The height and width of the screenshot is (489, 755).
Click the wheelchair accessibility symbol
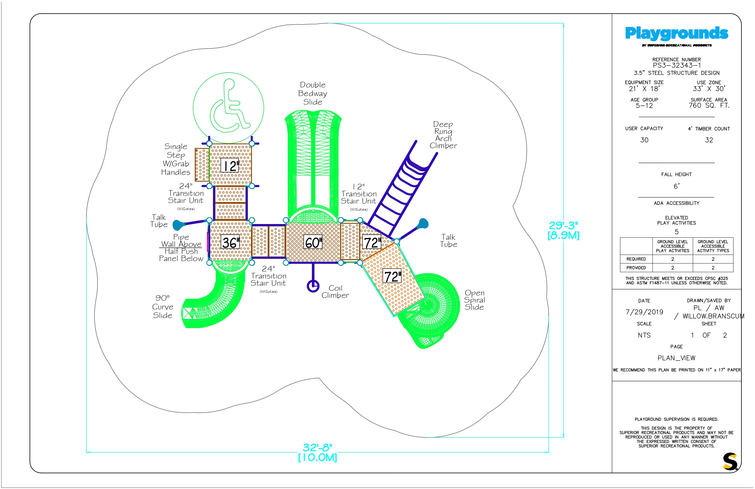click(x=228, y=108)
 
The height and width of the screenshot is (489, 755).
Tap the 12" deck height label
click(x=230, y=165)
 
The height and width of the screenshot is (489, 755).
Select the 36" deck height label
click(x=230, y=243)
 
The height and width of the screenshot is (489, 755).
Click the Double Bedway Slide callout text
click(x=313, y=93)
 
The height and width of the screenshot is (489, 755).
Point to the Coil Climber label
click(x=335, y=292)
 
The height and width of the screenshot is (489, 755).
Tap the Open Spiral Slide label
click(x=475, y=300)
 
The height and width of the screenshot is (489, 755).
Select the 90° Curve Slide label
click(x=163, y=307)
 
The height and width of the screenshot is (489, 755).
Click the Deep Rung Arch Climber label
click(x=443, y=135)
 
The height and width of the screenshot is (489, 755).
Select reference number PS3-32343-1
click(x=677, y=65)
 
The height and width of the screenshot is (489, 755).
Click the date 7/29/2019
click(x=644, y=312)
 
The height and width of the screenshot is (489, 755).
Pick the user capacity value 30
click(x=644, y=140)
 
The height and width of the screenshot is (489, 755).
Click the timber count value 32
click(x=709, y=140)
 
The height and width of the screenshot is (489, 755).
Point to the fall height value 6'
click(x=677, y=186)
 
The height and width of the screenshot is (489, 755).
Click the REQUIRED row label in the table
click(x=636, y=259)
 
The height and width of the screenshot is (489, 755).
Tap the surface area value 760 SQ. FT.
click(x=709, y=106)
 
